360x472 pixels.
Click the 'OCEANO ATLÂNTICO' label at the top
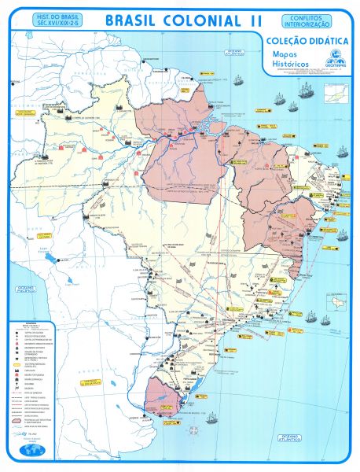click(x=235, y=53)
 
